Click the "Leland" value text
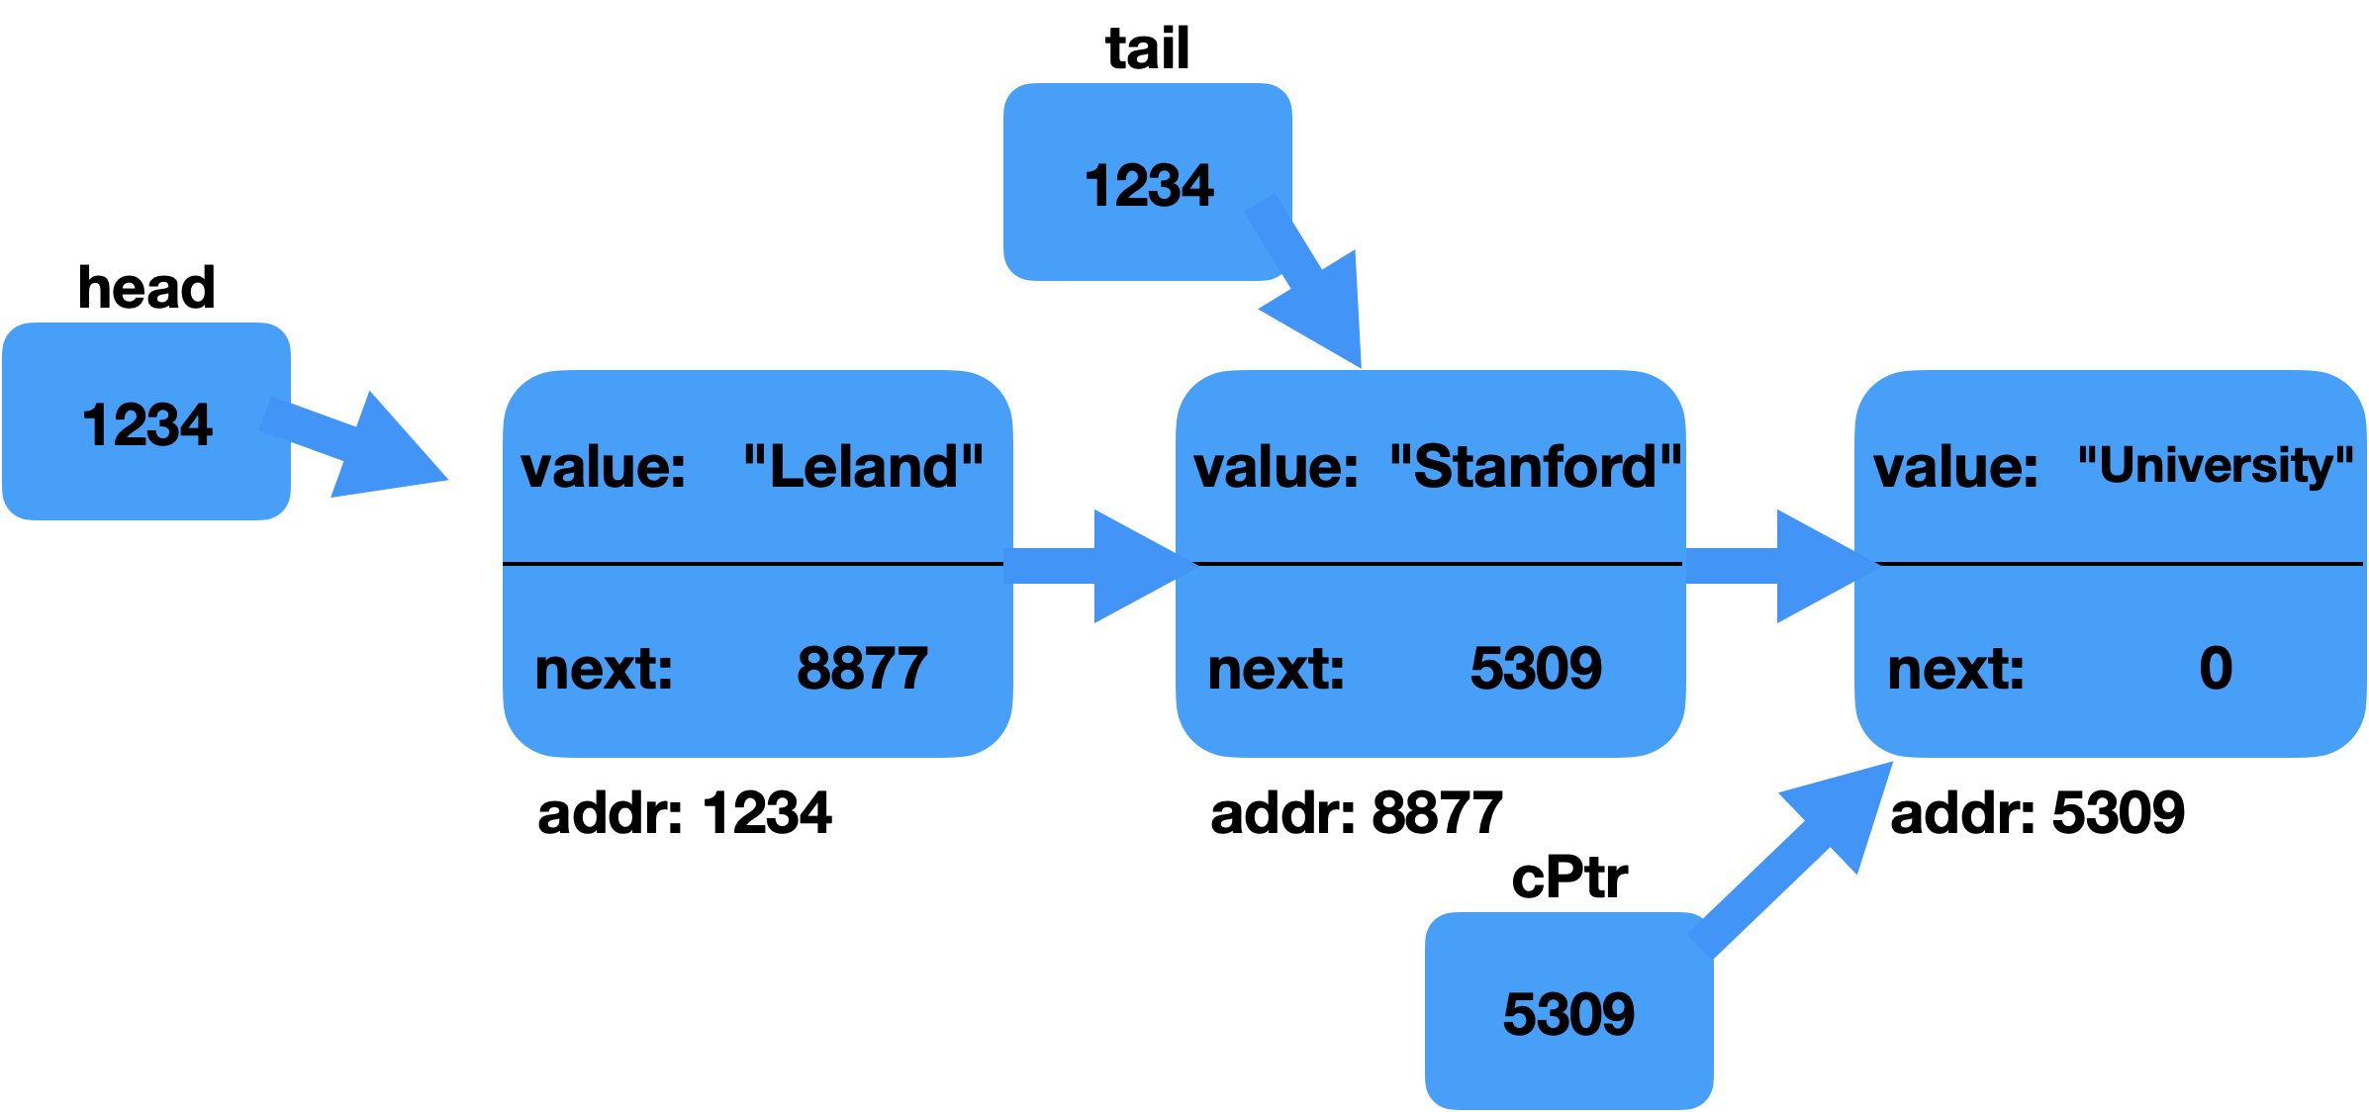(863, 466)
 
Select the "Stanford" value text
(1535, 466)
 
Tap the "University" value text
(2215, 464)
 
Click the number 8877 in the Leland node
(862, 668)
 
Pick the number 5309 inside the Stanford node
(1535, 668)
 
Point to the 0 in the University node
(2216, 668)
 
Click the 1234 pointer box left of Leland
(145, 423)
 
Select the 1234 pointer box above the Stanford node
(1147, 184)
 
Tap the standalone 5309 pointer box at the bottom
(1568, 1014)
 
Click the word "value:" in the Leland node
(603, 467)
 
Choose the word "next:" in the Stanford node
(1276, 670)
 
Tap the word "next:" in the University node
(1955, 670)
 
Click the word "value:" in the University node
(1955, 467)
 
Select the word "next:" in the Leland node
(604, 670)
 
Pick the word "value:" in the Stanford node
(1276, 467)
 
